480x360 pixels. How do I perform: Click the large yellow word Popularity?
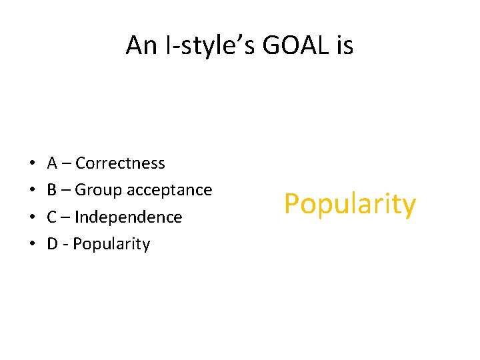pyautogui.click(x=349, y=205)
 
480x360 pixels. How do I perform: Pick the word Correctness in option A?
pyautogui.click(x=120, y=163)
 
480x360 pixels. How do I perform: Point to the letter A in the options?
pyautogui.click(x=52, y=163)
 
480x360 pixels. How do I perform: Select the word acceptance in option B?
pyautogui.click(x=169, y=191)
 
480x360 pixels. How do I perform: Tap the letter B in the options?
pyautogui.click(x=52, y=191)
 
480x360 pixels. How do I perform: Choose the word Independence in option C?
pyautogui.click(x=128, y=217)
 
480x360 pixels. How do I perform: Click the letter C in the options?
pyautogui.click(x=52, y=217)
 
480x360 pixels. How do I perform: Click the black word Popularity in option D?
pyautogui.click(x=111, y=244)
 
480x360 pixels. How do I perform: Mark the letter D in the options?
pyautogui.click(x=53, y=244)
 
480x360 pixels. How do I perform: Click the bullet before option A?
pyautogui.click(x=32, y=163)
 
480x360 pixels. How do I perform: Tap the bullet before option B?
pyautogui.click(x=32, y=191)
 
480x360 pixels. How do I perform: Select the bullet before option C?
pyautogui.click(x=32, y=217)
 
